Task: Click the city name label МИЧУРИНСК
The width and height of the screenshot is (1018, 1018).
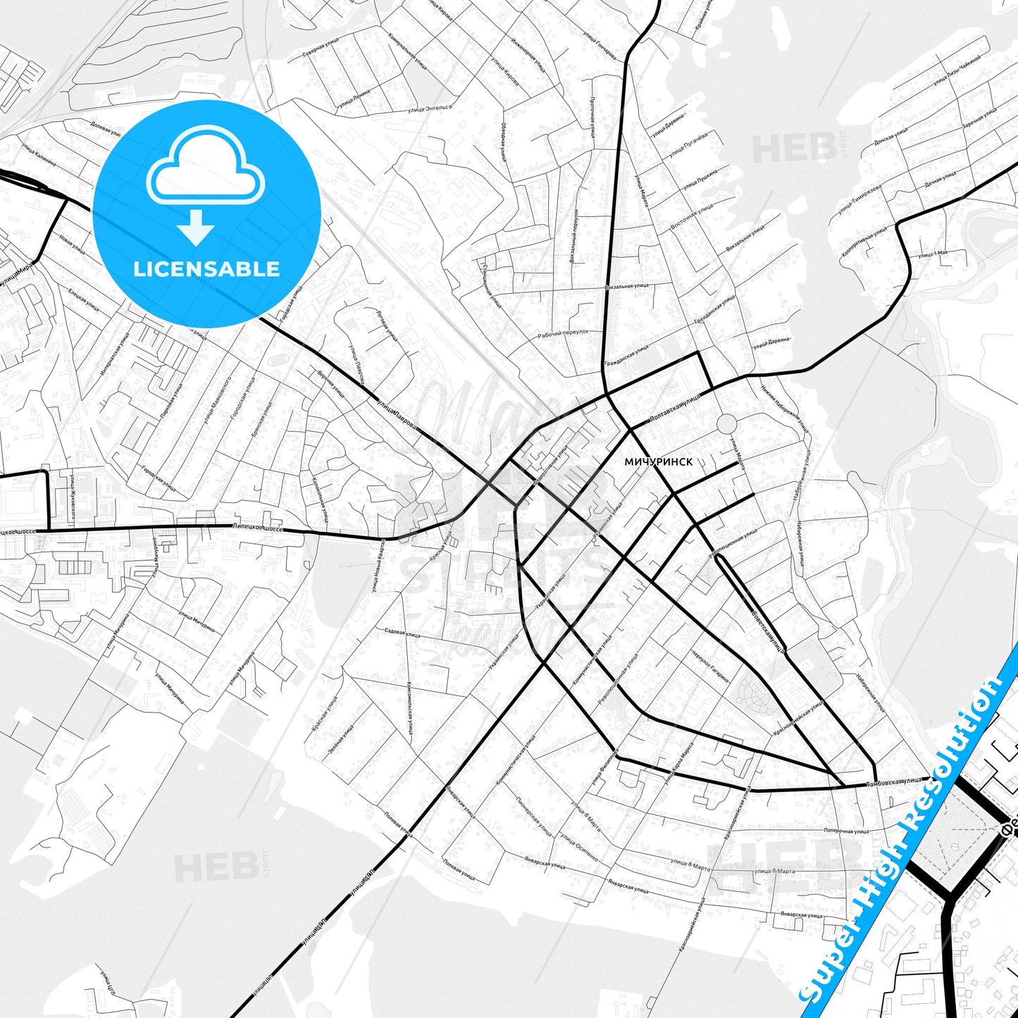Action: (658, 461)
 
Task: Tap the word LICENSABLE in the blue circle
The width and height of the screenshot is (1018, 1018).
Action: (206, 268)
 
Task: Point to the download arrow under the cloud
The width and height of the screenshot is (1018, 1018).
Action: (196, 227)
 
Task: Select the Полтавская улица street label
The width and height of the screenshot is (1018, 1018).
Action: (674, 409)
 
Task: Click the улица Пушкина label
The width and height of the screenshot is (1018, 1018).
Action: (699, 181)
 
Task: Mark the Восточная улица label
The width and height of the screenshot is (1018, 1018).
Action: (692, 216)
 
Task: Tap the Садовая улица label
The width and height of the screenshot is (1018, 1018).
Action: (402, 633)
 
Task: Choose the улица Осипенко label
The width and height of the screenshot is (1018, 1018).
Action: (578, 848)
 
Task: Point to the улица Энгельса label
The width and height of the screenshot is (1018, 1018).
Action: (428, 108)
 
